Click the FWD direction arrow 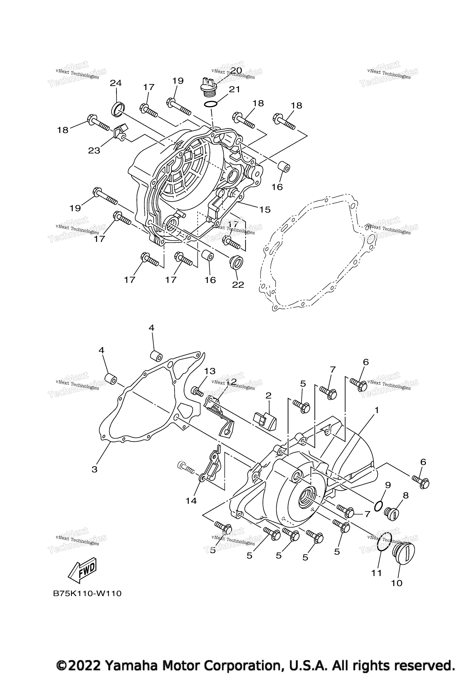(x=82, y=570)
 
